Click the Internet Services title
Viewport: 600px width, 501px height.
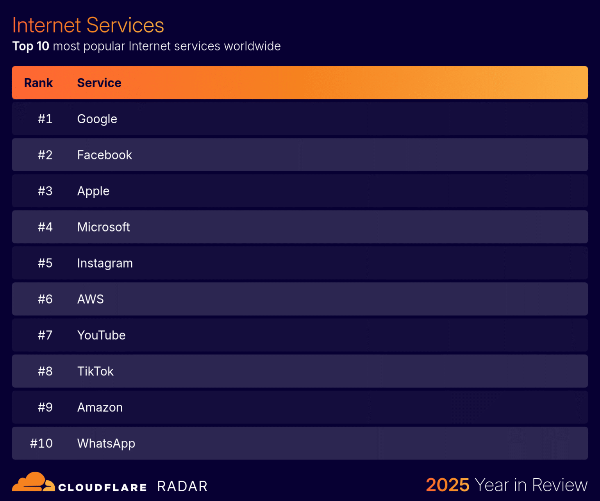pos(88,25)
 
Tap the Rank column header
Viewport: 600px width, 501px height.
pos(38,83)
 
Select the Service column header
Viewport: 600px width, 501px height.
pos(99,83)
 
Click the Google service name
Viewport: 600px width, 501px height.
pos(97,119)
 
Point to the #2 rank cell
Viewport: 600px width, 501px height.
pos(45,155)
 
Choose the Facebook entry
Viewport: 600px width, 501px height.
pos(104,155)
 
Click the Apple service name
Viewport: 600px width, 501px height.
pos(93,191)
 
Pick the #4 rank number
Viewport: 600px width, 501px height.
pos(45,227)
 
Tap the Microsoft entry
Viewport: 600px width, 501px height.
pos(103,227)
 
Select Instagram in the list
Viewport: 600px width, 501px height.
pos(105,263)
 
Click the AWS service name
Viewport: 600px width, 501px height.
pos(90,299)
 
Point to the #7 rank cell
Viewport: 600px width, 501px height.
pos(45,335)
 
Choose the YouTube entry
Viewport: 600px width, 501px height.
pos(101,335)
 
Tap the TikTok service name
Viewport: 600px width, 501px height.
pos(95,371)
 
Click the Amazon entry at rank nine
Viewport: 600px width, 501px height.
pos(100,408)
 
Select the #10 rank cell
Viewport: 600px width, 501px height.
pos(41,444)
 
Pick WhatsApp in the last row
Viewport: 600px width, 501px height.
pos(106,444)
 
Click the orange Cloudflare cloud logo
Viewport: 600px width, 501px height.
pos(33,482)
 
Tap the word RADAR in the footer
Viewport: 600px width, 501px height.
pos(182,487)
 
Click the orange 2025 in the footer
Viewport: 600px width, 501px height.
pos(447,485)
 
